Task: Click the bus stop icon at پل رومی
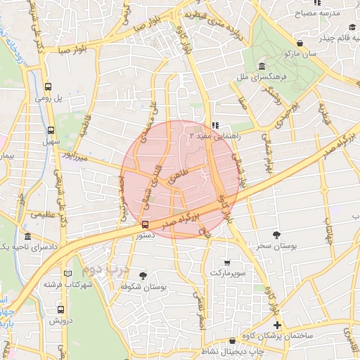(x=49, y=87)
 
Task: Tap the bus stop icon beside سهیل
(x=51, y=130)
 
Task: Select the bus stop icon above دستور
(x=145, y=225)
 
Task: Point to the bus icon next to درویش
(x=60, y=309)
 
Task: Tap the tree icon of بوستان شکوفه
(x=143, y=276)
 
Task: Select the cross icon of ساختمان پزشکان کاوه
(x=278, y=325)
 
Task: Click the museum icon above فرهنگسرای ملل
(x=261, y=65)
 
